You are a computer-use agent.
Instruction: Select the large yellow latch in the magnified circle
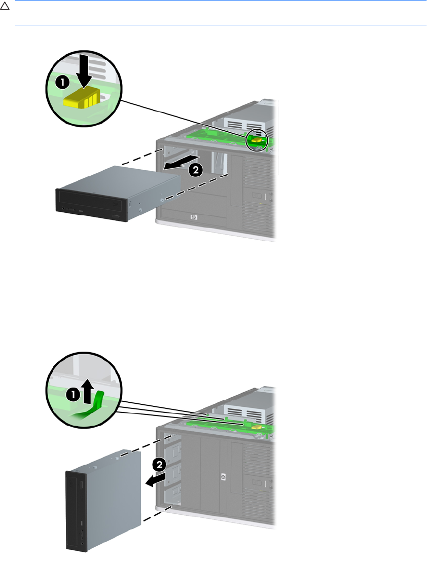pyautogui.click(x=81, y=96)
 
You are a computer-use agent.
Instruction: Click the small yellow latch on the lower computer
pyautogui.click(x=258, y=427)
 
